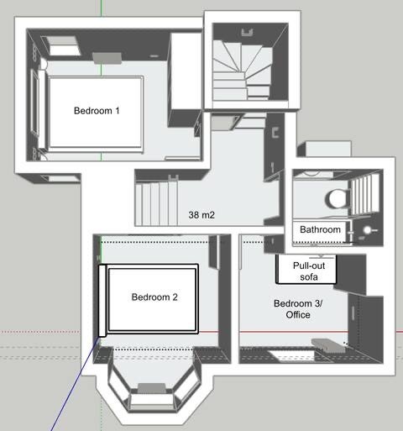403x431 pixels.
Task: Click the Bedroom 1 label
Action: click(x=97, y=111)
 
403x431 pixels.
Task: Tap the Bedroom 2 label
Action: click(x=154, y=297)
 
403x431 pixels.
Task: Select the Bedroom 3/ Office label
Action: click(x=298, y=309)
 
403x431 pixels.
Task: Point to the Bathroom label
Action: click(x=320, y=229)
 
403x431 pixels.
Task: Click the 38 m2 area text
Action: click(x=201, y=215)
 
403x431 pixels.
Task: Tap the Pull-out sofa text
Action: click(x=309, y=271)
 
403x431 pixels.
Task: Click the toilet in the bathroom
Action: click(x=338, y=198)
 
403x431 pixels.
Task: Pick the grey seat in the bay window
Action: click(x=151, y=388)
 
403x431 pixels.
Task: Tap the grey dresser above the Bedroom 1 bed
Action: click(x=107, y=58)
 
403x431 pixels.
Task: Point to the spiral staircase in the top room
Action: click(x=243, y=71)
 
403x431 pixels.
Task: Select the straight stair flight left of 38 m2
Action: click(x=157, y=204)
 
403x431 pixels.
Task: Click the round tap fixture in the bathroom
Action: click(x=369, y=230)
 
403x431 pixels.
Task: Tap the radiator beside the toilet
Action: click(x=364, y=194)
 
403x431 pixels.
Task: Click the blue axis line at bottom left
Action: click(x=75, y=384)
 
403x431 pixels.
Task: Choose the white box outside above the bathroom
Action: click(x=327, y=149)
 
